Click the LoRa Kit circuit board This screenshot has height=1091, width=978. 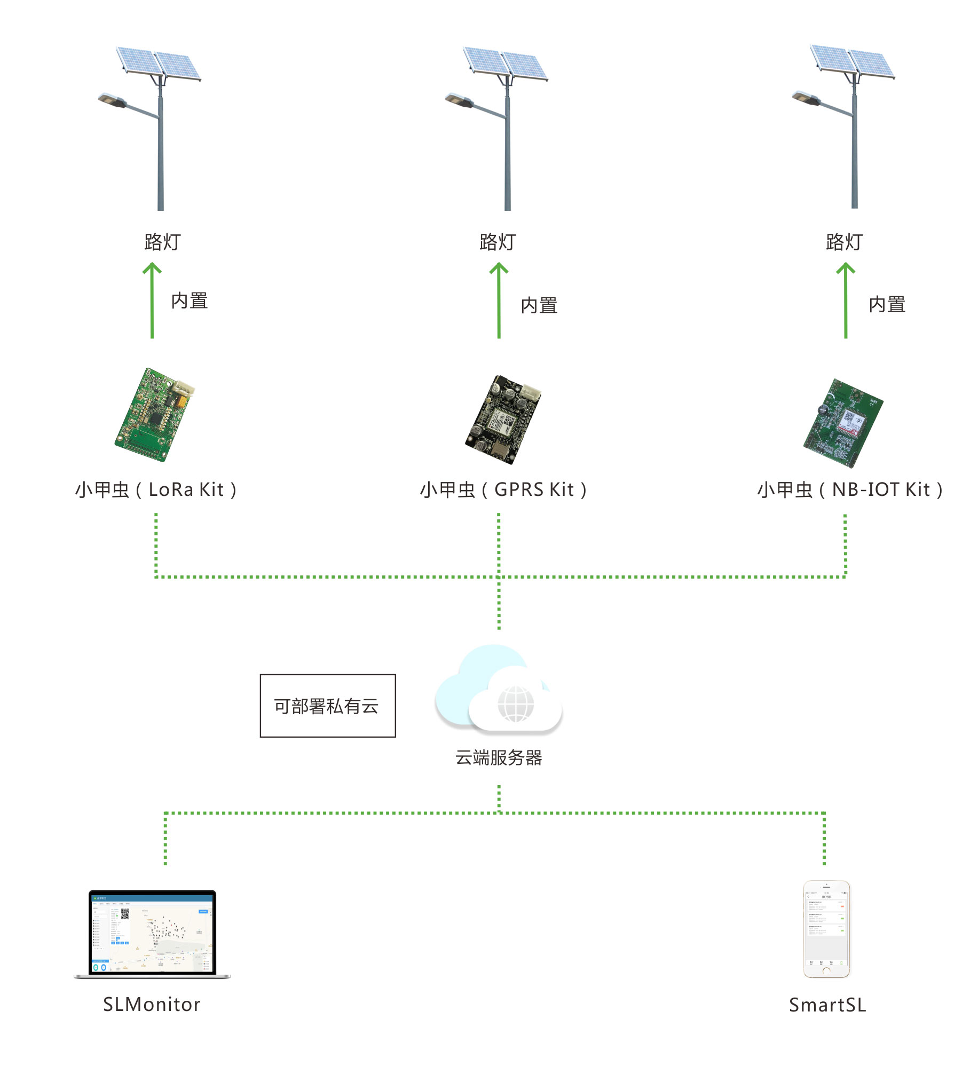[154, 415]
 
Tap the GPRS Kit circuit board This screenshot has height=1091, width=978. [502, 420]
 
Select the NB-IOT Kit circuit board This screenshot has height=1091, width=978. [842, 423]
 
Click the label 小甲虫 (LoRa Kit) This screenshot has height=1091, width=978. [156, 489]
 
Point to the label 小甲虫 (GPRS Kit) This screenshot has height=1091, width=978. [503, 489]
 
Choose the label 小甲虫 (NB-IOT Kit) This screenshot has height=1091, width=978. [849, 489]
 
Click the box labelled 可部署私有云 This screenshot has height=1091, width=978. [327, 705]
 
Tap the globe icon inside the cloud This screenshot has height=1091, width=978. [515, 703]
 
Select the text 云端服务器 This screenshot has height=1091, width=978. [499, 757]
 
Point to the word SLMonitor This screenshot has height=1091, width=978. [152, 1004]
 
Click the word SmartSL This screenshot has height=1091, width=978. [827, 1005]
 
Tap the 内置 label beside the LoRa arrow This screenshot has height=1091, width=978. [189, 301]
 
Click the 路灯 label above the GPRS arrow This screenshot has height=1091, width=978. [498, 242]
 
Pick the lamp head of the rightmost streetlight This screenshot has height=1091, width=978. [806, 97]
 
